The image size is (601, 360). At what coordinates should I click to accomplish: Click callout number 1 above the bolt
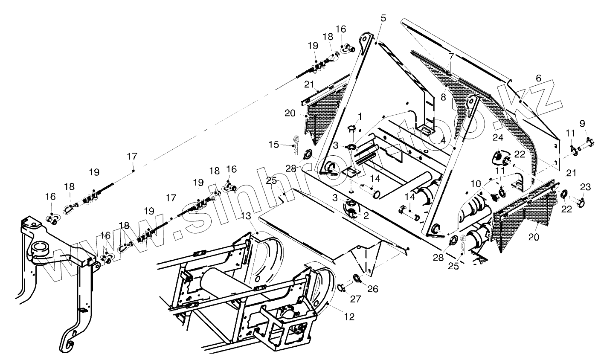pos(360,116)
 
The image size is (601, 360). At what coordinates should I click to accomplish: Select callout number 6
pos(538,78)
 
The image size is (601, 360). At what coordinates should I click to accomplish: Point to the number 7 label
pos(451,56)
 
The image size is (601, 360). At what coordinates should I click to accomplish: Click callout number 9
pos(583,124)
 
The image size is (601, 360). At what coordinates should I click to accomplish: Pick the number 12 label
pos(350,317)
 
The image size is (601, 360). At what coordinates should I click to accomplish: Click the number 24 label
pos(498,137)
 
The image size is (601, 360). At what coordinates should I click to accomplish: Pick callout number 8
pos(444,97)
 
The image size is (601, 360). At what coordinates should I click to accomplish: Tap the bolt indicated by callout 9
pos(589,143)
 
